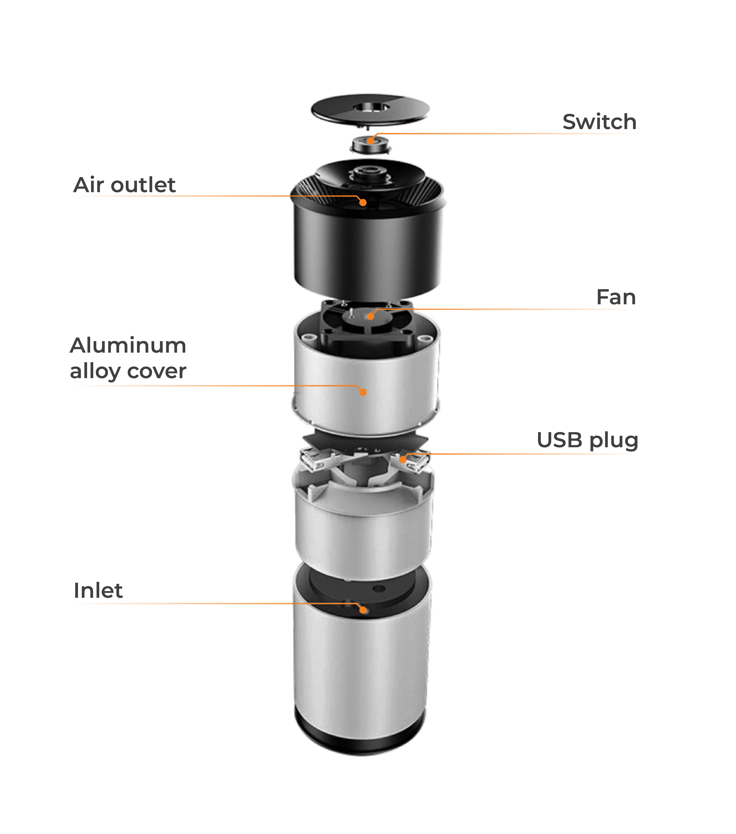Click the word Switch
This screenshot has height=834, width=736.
point(599,122)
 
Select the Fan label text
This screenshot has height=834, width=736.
point(616,297)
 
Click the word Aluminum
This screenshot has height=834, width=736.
point(128,346)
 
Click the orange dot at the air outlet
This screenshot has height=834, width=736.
point(363,202)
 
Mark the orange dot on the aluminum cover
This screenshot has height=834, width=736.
point(363,392)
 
